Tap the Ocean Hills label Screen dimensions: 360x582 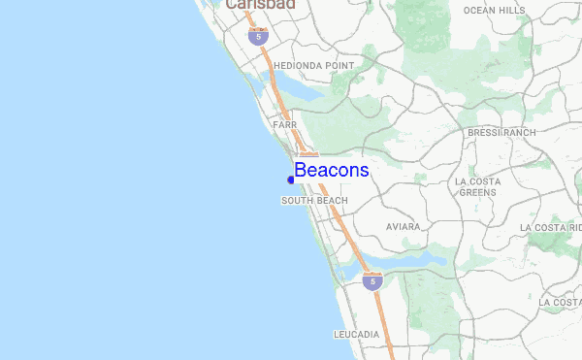pos(494,11)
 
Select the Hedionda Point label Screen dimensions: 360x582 pos(313,66)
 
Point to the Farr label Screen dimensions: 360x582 pos(284,125)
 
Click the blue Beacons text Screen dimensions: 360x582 pos(332,171)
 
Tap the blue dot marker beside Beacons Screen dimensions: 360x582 pos(291,179)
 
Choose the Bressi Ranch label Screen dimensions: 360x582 pos(501,132)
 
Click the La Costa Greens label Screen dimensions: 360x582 pos(477,186)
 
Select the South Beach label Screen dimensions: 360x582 pos(314,201)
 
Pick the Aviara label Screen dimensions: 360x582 pos(403,227)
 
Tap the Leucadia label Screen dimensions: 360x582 pos(356,334)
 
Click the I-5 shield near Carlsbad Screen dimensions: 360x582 pos(255,37)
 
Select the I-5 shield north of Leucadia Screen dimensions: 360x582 pos(372,281)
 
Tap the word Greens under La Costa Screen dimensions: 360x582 pos(477,192)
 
